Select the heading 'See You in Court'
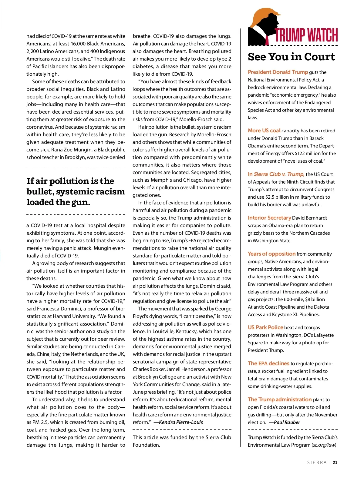(x=291, y=57)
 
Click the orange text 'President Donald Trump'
(x=278, y=72)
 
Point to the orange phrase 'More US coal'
(x=264, y=131)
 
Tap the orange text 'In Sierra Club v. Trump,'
(x=276, y=174)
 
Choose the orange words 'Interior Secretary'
(x=269, y=218)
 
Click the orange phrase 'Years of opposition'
(x=271, y=254)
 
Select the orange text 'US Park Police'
(x=265, y=327)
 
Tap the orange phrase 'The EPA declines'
(x=268, y=363)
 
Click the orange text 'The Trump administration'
(x=280, y=399)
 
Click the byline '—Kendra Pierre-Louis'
(x=178, y=422)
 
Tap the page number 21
(x=335, y=462)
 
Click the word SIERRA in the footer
(x=317, y=462)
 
